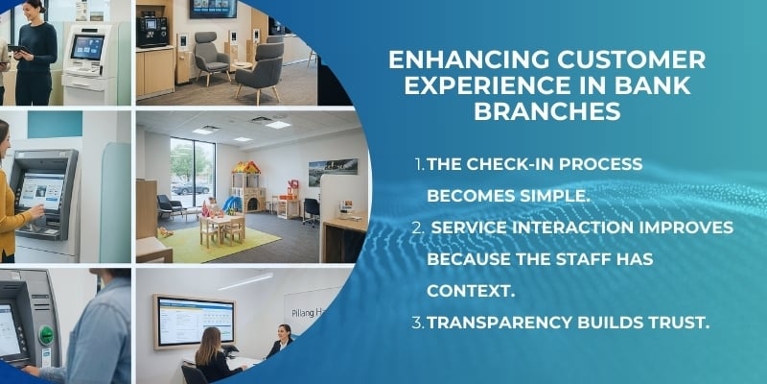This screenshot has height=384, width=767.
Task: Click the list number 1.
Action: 418,164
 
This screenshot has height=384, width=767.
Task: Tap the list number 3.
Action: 418,323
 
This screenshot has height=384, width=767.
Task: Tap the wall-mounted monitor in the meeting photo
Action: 194,320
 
